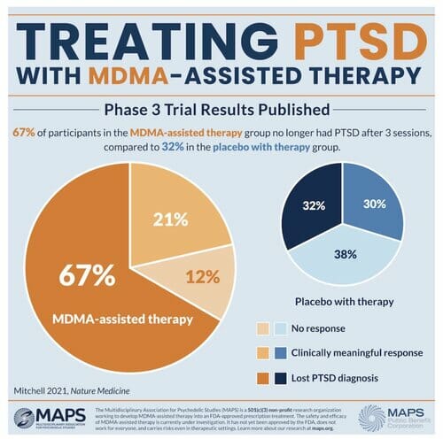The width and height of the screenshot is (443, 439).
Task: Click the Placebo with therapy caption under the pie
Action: [344, 302]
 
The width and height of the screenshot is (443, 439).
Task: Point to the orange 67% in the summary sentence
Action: [23, 132]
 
